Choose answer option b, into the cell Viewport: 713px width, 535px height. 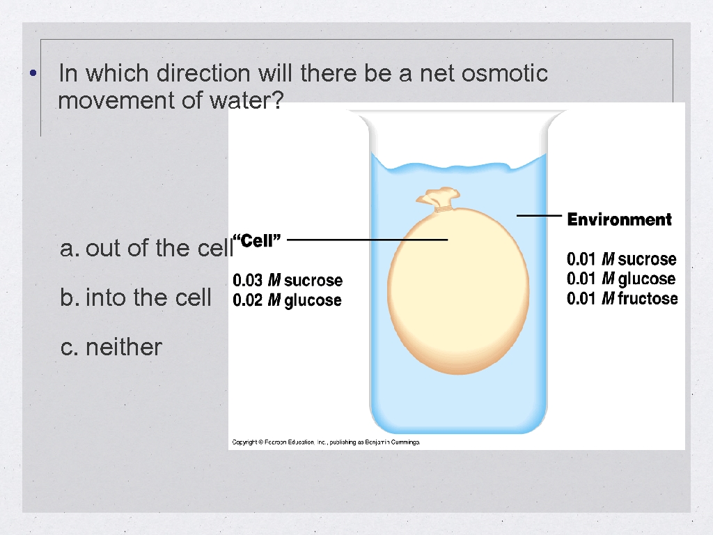(136, 298)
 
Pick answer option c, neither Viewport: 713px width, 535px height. (111, 347)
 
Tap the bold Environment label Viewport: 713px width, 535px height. (619, 220)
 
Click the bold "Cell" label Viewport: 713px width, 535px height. (256, 241)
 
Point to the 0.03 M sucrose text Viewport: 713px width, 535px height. (288, 280)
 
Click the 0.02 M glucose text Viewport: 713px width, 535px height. (287, 300)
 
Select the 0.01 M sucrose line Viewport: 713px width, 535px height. (621, 259)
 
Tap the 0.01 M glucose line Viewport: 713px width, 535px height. (621, 279)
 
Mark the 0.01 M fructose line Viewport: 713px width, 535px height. (622, 299)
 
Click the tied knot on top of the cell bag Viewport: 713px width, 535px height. (437, 199)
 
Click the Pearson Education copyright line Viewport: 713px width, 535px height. (325, 442)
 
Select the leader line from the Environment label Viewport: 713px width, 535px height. (539, 216)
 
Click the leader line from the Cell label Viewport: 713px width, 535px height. (367, 240)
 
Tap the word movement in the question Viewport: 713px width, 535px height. (116, 101)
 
